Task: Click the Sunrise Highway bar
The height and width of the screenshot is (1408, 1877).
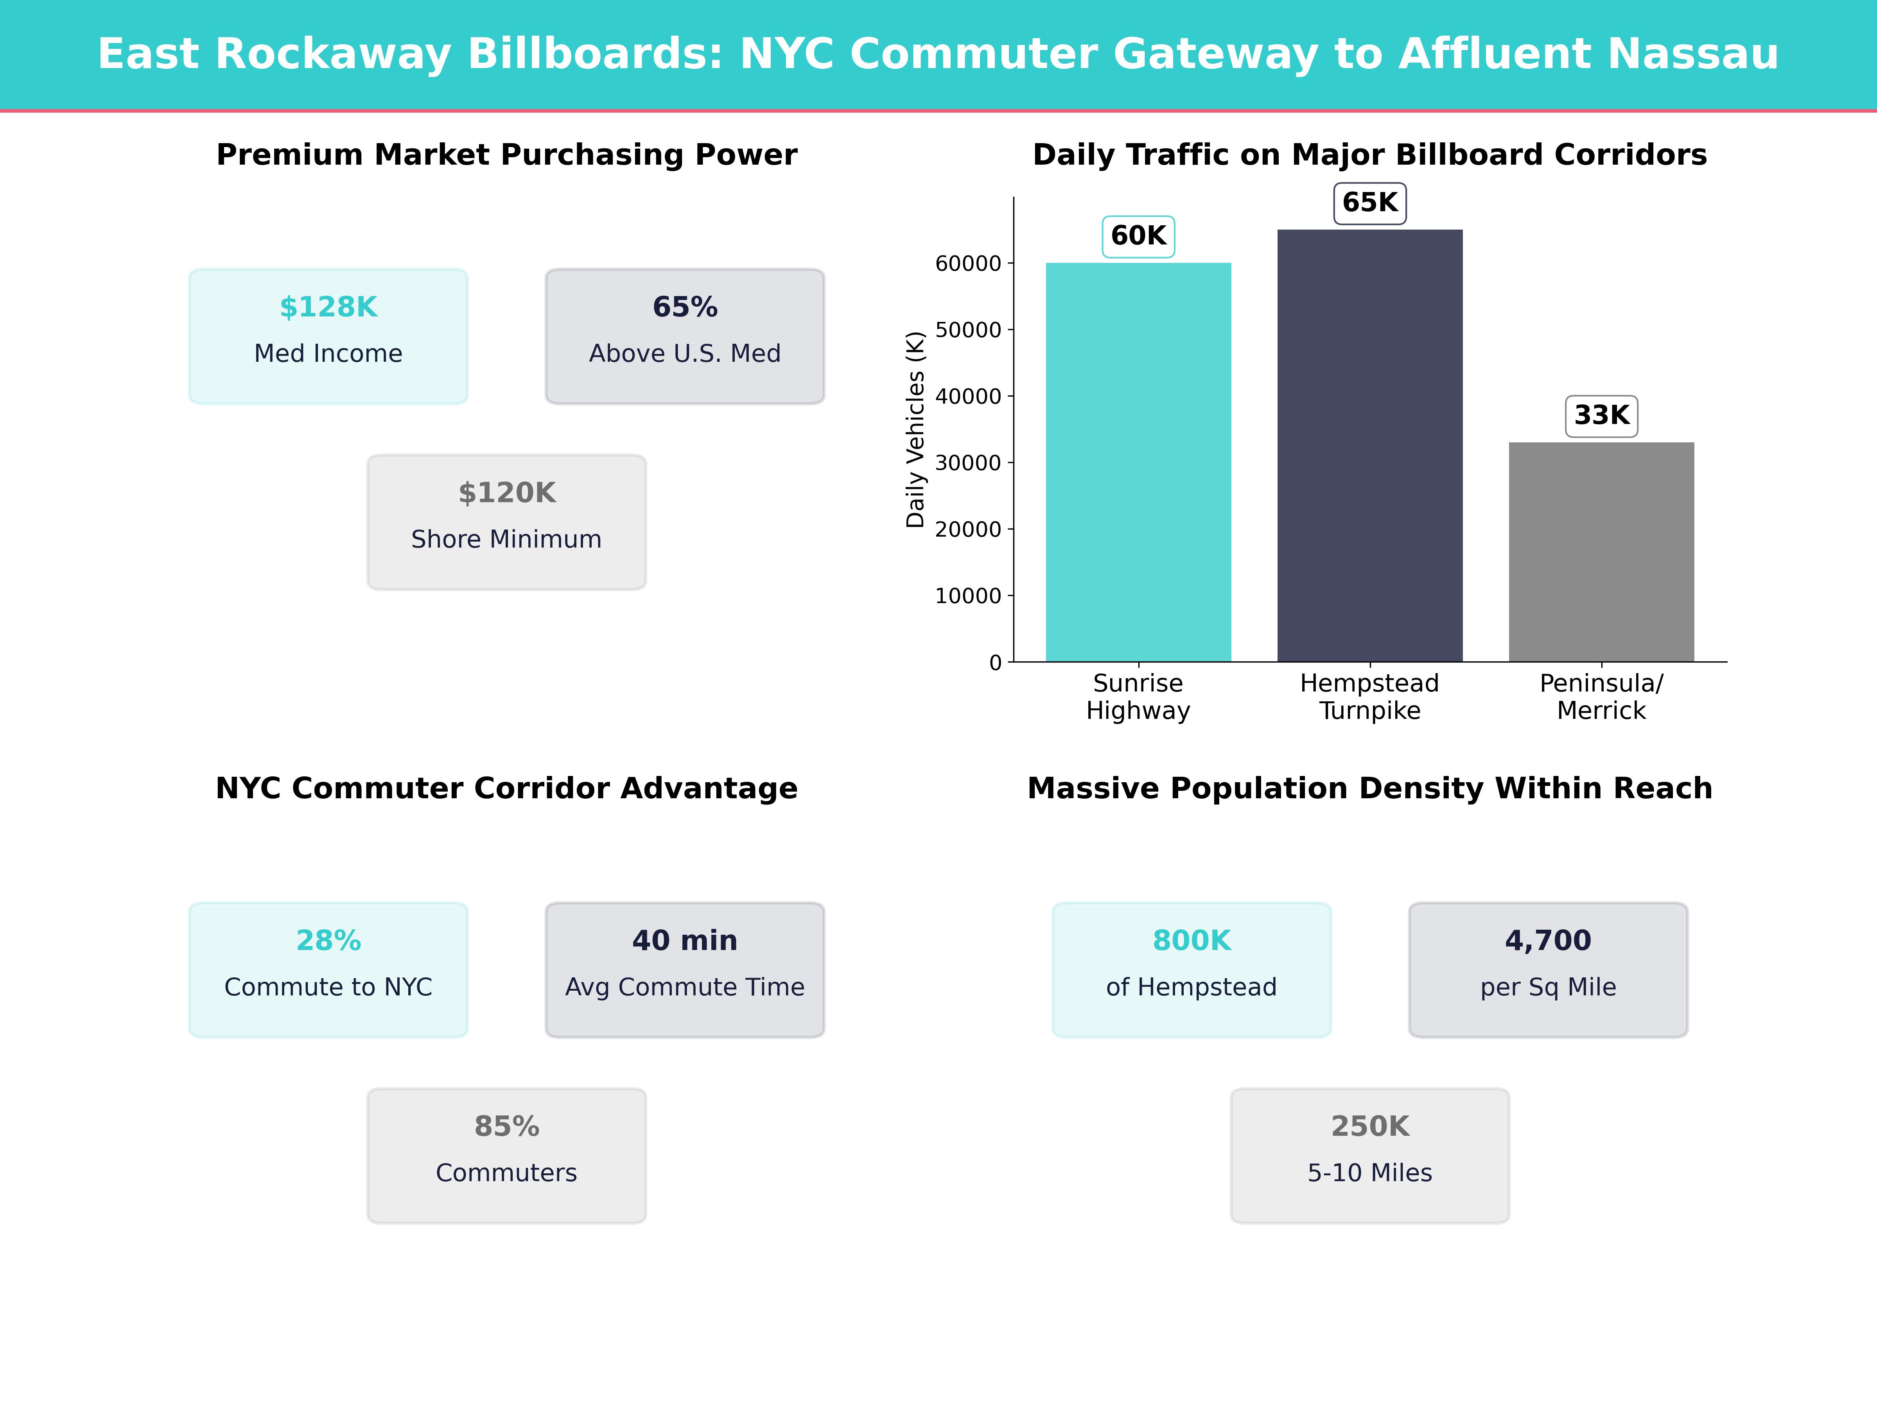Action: [1138, 463]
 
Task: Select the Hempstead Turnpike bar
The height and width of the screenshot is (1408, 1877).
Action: [1369, 445]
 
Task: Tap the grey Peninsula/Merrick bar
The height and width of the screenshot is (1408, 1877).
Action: [1601, 551]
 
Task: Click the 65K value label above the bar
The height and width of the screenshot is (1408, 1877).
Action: [1369, 203]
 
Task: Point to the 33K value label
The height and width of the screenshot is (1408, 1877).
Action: [1601, 416]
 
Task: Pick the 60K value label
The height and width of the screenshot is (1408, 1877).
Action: [1138, 236]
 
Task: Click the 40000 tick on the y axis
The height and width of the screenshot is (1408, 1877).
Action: [968, 396]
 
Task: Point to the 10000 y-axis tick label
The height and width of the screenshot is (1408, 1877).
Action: [968, 596]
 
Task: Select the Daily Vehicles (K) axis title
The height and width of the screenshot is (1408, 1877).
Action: [915, 429]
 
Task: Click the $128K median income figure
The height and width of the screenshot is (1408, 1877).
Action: [328, 307]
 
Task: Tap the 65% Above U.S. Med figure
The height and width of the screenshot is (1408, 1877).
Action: [685, 307]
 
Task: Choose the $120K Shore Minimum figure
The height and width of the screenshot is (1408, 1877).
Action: [506, 493]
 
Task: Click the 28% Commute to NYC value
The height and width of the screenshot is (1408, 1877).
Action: [328, 940]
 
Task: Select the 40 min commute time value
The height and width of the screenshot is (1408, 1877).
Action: [685, 940]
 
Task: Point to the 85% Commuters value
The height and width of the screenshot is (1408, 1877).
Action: [506, 1126]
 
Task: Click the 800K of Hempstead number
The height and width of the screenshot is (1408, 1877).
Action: [1192, 940]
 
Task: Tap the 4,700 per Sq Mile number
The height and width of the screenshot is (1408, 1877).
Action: [1548, 940]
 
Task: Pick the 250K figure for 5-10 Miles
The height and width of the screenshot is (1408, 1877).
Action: [1369, 1126]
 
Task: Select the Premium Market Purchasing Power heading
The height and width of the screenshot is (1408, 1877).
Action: [506, 155]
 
